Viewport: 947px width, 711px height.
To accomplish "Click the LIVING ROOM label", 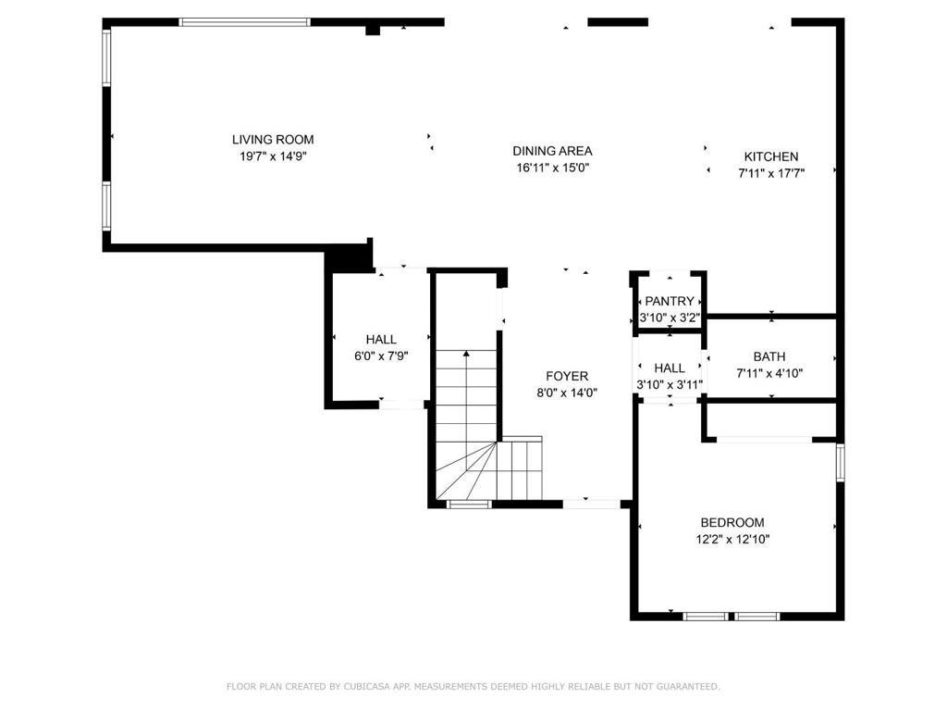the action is [273, 140].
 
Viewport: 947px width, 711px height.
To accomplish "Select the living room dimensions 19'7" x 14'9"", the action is [273, 156].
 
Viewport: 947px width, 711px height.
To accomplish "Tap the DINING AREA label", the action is [553, 151].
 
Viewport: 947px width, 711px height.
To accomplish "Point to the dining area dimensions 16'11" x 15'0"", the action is [553, 168].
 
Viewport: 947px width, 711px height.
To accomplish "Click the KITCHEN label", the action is [771, 156].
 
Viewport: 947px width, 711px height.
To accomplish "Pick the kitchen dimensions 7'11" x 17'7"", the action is [771, 173].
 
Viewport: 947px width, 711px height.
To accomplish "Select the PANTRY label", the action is [670, 301].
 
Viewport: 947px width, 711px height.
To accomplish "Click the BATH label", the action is [769, 356].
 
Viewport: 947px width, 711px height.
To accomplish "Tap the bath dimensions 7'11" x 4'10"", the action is [769, 374].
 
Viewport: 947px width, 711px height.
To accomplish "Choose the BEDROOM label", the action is [732, 522].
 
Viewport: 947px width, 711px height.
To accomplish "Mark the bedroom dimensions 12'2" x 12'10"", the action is [732, 540].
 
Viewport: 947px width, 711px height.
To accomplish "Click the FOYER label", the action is [567, 376].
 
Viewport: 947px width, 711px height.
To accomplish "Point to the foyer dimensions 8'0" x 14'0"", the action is [567, 393].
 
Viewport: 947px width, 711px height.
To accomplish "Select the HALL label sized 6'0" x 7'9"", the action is [381, 340].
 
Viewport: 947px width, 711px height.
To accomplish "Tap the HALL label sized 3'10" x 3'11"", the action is [670, 368].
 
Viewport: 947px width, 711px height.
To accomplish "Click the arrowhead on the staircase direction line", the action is [466, 353].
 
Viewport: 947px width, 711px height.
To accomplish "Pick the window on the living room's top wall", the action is [244, 22].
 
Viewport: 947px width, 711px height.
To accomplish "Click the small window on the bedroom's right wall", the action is [840, 463].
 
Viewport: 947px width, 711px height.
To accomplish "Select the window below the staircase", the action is [469, 505].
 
